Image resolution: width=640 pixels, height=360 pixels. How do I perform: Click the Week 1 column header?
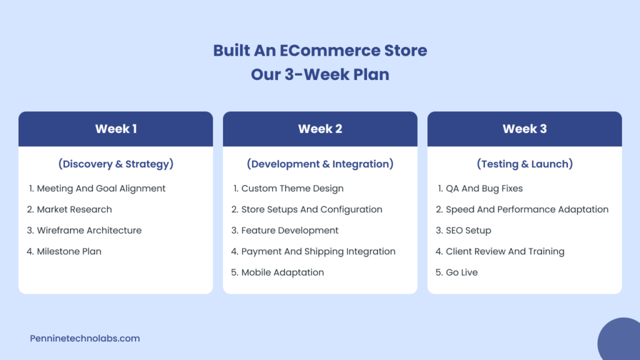pyautogui.click(x=116, y=129)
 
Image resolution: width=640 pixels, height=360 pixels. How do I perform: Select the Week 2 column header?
pyautogui.click(x=320, y=129)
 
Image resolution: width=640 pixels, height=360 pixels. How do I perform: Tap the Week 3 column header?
pyautogui.click(x=524, y=129)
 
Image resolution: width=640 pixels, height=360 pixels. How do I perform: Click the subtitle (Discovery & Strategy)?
pyautogui.click(x=116, y=164)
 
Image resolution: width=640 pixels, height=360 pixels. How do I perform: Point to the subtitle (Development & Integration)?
pyautogui.click(x=320, y=164)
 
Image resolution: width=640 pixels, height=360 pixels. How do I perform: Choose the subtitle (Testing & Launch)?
pyautogui.click(x=524, y=164)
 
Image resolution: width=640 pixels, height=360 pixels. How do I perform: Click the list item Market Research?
pyautogui.click(x=74, y=209)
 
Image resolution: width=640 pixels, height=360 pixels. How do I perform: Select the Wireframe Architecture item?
pyautogui.click(x=89, y=231)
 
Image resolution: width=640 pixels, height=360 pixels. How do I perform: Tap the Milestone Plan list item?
pyautogui.click(x=69, y=251)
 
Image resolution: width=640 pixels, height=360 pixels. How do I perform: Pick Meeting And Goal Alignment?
pyautogui.click(x=101, y=189)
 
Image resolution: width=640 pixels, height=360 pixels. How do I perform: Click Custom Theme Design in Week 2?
pyautogui.click(x=292, y=189)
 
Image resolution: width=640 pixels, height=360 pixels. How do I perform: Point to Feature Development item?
pyautogui.click(x=289, y=231)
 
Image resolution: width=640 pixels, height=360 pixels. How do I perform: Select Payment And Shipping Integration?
pyautogui.click(x=318, y=251)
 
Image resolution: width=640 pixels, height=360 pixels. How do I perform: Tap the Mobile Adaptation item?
pyautogui.click(x=282, y=272)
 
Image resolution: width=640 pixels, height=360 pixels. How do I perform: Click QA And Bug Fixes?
pyautogui.click(x=484, y=189)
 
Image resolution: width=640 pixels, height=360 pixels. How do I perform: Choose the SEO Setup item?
pyautogui.click(x=468, y=231)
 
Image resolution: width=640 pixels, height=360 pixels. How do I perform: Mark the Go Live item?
pyautogui.click(x=461, y=272)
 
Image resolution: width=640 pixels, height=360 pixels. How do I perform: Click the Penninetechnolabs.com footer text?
pyautogui.click(x=85, y=339)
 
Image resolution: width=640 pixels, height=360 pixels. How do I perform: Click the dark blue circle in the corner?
pyautogui.click(x=621, y=341)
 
